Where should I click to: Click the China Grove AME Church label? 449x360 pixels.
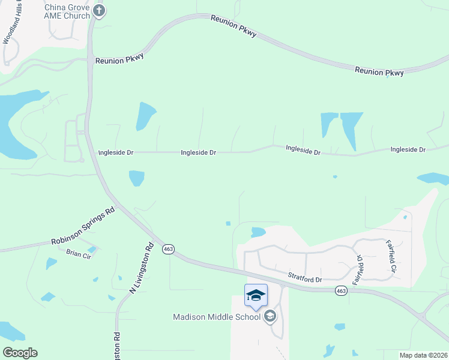[x=67, y=11]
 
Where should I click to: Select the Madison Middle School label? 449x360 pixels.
[x=217, y=317]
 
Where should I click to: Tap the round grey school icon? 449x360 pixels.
[x=270, y=316]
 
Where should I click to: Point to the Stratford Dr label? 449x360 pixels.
[x=306, y=278]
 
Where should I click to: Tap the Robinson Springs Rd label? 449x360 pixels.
[x=82, y=228]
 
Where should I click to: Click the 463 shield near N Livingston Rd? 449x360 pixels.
[x=169, y=249]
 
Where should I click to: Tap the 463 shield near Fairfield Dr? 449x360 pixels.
[x=341, y=291]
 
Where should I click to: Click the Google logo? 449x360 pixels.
[x=20, y=353]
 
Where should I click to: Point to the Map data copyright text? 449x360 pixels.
[x=423, y=355]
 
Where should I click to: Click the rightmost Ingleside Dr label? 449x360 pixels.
[x=408, y=149]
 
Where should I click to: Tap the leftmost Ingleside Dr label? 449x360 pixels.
[x=115, y=153]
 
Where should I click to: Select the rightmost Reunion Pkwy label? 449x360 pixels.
[x=379, y=71]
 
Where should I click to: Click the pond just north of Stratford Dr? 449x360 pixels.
[x=258, y=232]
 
